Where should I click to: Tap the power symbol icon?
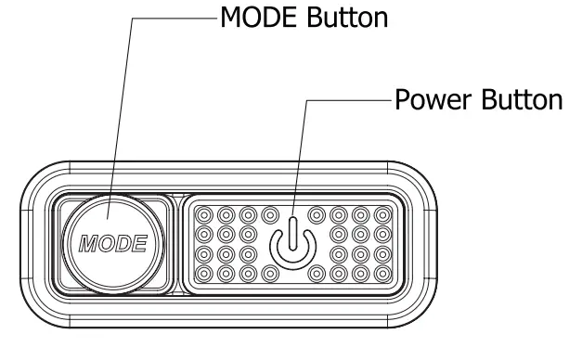click(x=292, y=244)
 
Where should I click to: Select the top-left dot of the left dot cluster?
click(x=205, y=215)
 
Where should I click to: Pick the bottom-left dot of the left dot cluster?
click(x=205, y=274)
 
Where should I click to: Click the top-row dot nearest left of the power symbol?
click(x=269, y=215)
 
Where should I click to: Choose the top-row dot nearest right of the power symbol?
click(x=317, y=215)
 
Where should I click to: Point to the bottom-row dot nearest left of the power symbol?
click(x=269, y=274)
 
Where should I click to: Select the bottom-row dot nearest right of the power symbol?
click(x=317, y=274)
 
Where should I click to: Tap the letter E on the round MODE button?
click(x=139, y=244)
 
